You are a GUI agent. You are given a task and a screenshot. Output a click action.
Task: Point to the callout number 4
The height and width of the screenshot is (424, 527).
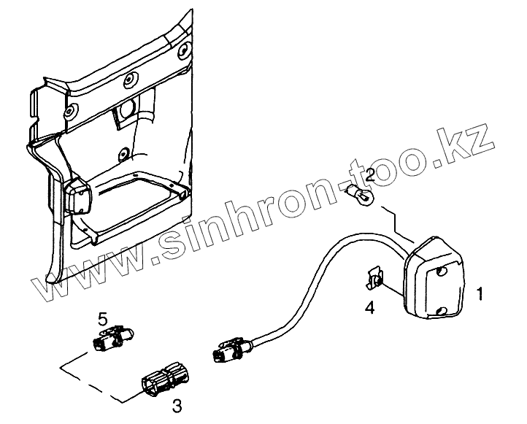(x=370, y=309)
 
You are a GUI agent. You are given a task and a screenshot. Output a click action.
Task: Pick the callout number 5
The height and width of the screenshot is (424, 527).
(x=103, y=318)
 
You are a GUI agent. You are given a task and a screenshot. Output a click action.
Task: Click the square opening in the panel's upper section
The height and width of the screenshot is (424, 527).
(x=126, y=109)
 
